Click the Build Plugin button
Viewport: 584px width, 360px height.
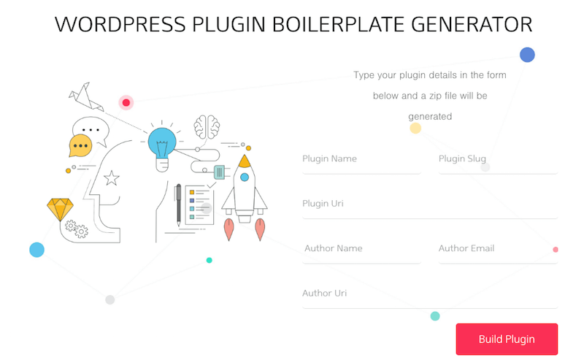pos(507,339)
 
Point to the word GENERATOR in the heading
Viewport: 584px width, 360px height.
pos(472,25)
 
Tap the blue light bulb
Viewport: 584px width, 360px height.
pos(162,145)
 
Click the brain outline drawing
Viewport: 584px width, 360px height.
pos(207,127)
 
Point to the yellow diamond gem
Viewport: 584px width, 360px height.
pos(60,210)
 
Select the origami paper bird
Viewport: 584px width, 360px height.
pos(85,96)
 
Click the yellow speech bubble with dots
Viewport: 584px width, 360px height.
pos(80,145)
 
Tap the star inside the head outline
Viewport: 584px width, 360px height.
pos(112,178)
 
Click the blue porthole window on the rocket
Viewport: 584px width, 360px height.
pos(245,177)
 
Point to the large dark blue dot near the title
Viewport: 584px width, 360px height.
pos(527,55)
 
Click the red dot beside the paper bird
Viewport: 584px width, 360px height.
pos(126,102)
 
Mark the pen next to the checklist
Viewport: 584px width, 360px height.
pos(178,205)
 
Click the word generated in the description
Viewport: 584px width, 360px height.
pos(430,117)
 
